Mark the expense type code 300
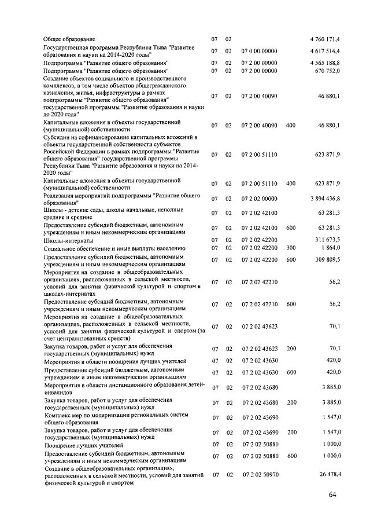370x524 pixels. (x=291, y=247)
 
